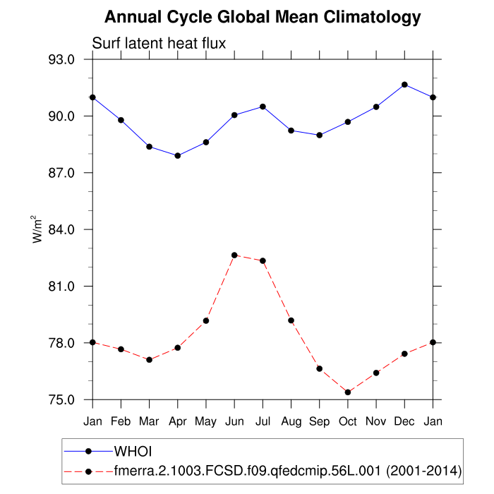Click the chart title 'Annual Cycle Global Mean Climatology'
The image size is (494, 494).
263,17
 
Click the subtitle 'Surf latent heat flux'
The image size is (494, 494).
159,44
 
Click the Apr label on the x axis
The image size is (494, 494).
177,421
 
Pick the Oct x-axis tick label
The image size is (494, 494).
348,421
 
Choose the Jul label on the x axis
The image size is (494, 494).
263,421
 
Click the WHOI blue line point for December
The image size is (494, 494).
404,85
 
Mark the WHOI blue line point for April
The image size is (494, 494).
177,156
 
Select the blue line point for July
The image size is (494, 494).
263,107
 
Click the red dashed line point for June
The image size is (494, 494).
234,255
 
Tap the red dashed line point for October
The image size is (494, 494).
348,392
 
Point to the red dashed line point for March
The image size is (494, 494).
149,360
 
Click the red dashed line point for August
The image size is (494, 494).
291,320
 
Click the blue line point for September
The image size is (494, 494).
320,135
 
